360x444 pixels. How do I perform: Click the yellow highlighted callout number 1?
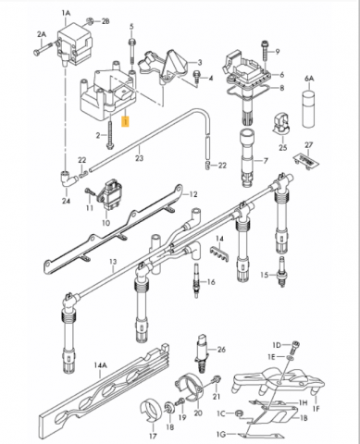tap(125, 122)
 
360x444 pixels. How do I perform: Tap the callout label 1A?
tap(66, 13)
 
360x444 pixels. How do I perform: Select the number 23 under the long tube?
tap(140, 158)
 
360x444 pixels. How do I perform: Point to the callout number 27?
tap(309, 145)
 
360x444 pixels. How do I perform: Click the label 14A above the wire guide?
tap(100, 365)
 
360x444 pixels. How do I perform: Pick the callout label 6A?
tap(309, 79)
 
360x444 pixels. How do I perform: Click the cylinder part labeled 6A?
tap(309, 109)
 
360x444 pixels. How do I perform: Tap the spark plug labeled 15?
tap(281, 272)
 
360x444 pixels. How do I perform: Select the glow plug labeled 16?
tap(196, 280)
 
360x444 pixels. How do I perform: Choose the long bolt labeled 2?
tap(110, 135)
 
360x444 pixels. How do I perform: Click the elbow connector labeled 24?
tap(68, 179)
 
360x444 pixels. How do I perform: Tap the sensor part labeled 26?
tap(201, 353)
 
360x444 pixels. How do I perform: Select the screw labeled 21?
tap(217, 380)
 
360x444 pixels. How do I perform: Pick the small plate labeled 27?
tap(305, 160)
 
